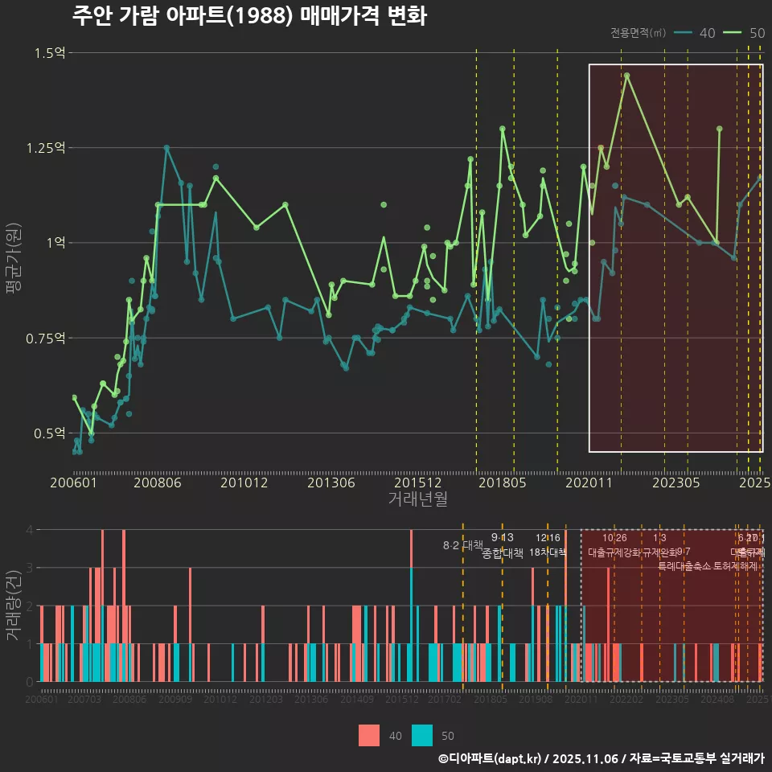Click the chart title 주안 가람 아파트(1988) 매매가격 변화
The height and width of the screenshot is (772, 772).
[x=249, y=16]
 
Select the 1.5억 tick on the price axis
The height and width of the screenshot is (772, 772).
[x=50, y=53]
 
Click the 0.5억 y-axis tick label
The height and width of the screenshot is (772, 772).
[x=50, y=433]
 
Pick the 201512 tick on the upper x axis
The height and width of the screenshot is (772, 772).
[x=418, y=483]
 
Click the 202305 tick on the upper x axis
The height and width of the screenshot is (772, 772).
[x=675, y=483]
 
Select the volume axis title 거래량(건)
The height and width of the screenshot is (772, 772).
[x=14, y=606]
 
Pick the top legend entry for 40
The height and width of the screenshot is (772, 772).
[x=695, y=33]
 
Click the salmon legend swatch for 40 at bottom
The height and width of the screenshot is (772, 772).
[x=369, y=735]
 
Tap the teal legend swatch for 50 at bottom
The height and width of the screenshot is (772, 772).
[x=422, y=735]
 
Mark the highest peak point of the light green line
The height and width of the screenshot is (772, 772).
[x=626, y=76]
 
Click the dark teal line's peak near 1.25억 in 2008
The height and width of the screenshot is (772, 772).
[x=166, y=148]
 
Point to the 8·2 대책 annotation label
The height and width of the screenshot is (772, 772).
[x=462, y=545]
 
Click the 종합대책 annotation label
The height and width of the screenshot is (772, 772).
[x=503, y=553]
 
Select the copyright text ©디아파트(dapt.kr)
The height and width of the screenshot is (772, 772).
[x=491, y=758]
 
